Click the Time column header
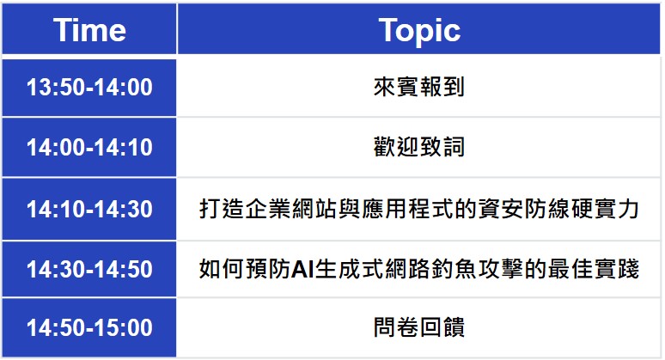(x=89, y=30)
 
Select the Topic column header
(x=419, y=31)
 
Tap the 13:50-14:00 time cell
(x=89, y=88)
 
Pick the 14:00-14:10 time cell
(x=89, y=148)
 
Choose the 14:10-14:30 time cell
(x=89, y=209)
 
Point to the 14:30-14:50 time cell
(x=89, y=269)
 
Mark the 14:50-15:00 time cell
(x=89, y=327)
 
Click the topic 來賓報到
(x=419, y=87)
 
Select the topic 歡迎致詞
(x=419, y=147)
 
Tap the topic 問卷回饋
(x=419, y=327)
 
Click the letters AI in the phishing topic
(x=302, y=269)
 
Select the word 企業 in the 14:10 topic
(x=267, y=209)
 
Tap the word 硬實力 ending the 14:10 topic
(x=605, y=209)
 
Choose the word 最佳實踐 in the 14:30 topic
(x=594, y=269)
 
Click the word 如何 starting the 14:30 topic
(x=221, y=269)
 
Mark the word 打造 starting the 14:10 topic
(x=221, y=209)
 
